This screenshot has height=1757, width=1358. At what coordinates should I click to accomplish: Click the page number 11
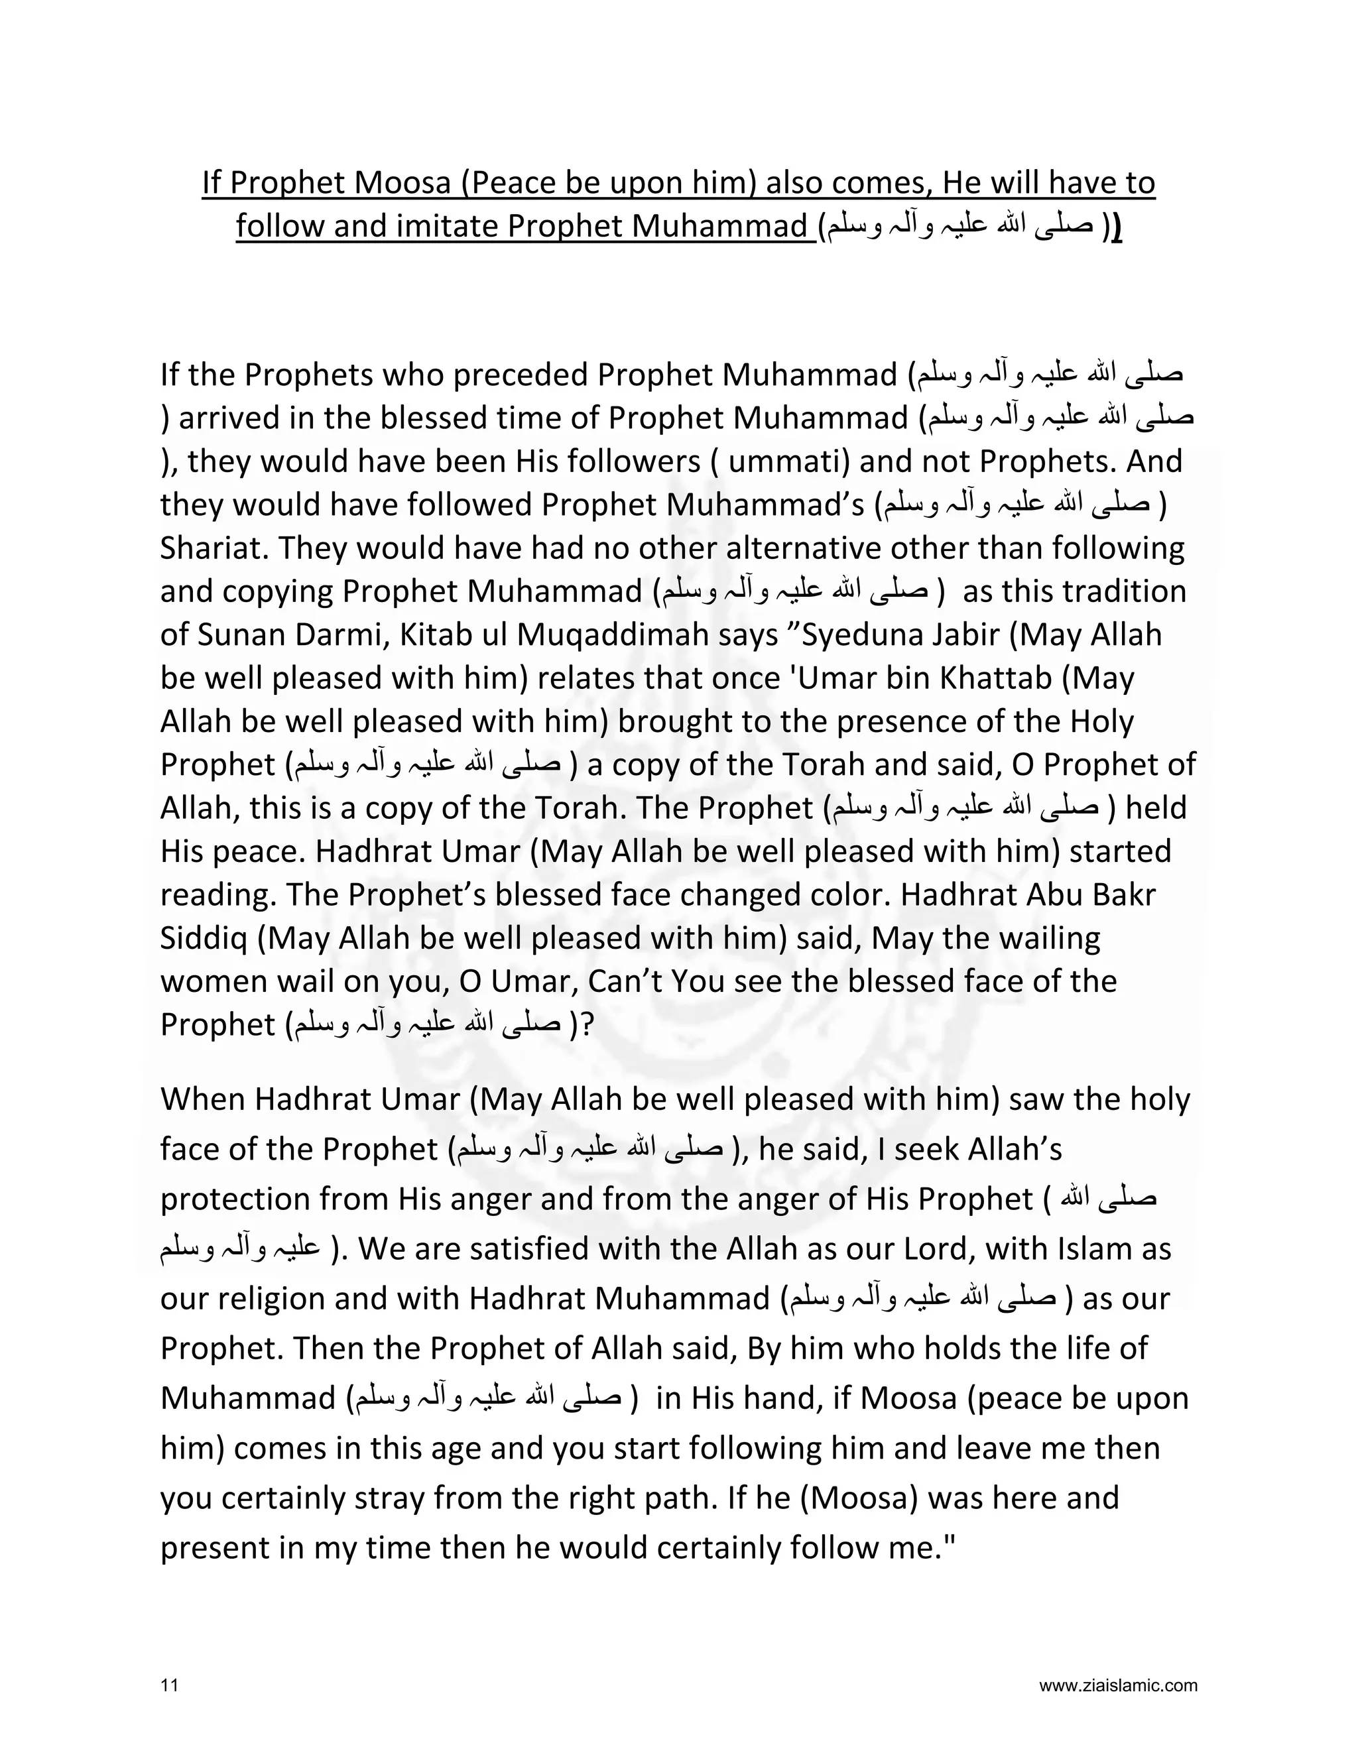[x=169, y=1685]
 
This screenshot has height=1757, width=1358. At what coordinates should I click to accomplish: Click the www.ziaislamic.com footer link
[x=1117, y=1685]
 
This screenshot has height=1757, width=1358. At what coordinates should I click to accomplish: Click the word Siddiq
[x=204, y=939]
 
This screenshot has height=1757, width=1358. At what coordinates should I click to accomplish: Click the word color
[x=849, y=895]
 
